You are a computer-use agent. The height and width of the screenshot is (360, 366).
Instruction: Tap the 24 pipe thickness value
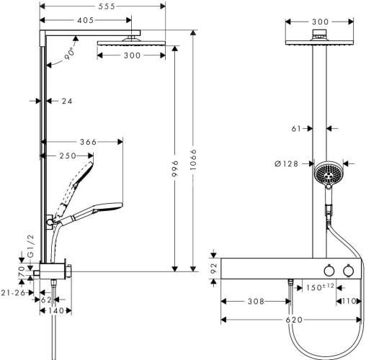(x=67, y=102)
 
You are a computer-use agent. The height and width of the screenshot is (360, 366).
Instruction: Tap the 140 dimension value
(x=57, y=311)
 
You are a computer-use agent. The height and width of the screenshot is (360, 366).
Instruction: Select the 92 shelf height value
(x=213, y=267)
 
